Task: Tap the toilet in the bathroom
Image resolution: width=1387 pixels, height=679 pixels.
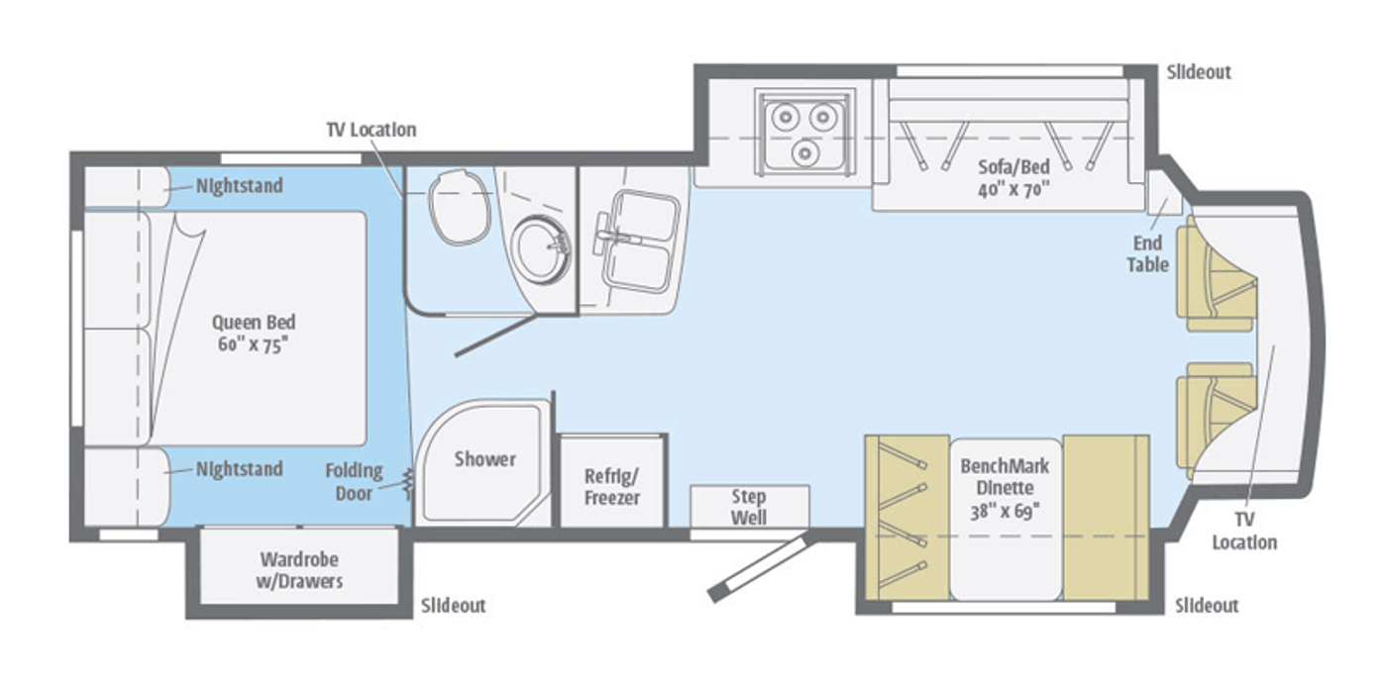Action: (460, 207)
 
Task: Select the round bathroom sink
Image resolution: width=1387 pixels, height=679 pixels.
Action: (543, 249)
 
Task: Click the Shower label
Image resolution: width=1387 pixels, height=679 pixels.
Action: (484, 459)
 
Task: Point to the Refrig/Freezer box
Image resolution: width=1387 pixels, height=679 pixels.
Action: (612, 481)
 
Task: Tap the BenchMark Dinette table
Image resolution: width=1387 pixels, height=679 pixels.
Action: (1006, 520)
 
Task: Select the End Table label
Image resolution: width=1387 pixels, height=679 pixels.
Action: (1147, 253)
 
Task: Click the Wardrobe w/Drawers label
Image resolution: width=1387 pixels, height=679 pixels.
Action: (299, 570)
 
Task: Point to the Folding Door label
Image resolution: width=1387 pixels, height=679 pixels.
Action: (354, 482)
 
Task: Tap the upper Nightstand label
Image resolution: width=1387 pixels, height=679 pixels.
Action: (239, 185)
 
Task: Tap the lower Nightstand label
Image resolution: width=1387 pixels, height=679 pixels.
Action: (239, 469)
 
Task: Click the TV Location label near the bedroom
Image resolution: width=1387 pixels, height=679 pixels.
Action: (372, 130)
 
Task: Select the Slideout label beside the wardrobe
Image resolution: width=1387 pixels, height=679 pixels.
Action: (454, 606)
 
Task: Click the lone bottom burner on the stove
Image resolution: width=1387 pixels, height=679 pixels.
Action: (804, 151)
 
